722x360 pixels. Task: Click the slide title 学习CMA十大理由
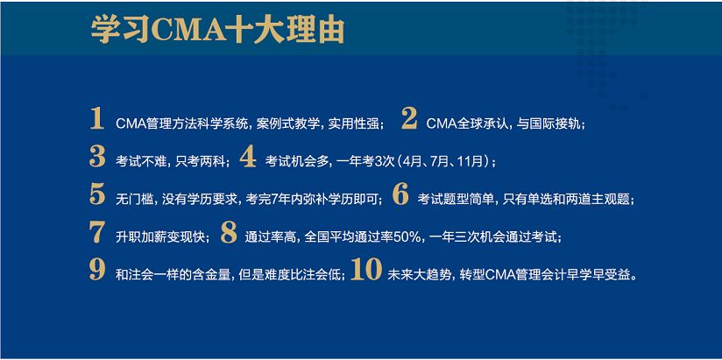click(x=217, y=29)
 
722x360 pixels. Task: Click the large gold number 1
click(x=97, y=120)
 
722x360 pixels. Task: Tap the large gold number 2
click(x=408, y=120)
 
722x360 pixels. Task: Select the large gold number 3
click(x=97, y=158)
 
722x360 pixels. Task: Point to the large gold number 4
click(x=248, y=158)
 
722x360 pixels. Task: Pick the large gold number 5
click(x=97, y=195)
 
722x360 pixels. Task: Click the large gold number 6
click(x=400, y=195)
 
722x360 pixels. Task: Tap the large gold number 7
click(x=97, y=234)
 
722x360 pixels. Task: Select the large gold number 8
click(x=229, y=234)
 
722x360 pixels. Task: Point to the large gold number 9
click(x=97, y=272)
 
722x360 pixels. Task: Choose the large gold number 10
click(x=366, y=272)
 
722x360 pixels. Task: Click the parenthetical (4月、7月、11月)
click(x=446, y=162)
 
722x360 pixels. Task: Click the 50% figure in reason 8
click(x=411, y=237)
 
